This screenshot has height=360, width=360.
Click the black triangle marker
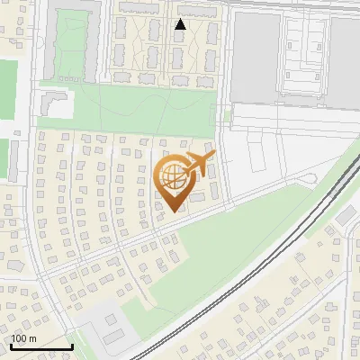coord(180,24)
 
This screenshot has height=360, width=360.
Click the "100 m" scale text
coord(24,338)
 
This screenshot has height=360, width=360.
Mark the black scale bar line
coord(41,347)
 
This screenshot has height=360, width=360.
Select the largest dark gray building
coord(257,58)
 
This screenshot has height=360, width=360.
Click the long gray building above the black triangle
coord(196,10)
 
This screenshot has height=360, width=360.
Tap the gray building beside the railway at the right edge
coord(346,215)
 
